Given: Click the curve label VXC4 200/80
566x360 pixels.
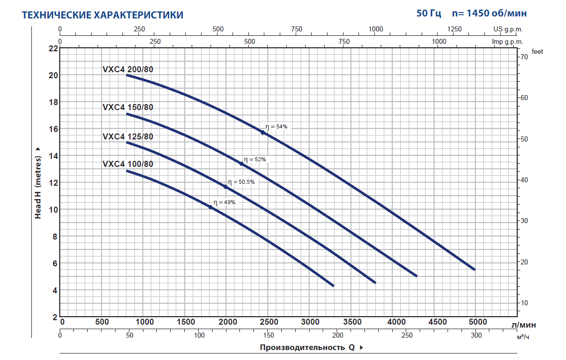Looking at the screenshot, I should click(x=127, y=70).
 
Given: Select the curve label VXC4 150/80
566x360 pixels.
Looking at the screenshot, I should click(x=127, y=107).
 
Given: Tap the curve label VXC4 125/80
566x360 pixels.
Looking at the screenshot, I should click(x=127, y=136).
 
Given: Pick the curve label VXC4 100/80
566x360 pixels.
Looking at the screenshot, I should click(x=127, y=164).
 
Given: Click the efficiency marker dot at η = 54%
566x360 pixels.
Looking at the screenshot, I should click(x=263, y=132).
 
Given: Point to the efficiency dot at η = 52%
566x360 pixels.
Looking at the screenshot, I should click(x=241, y=164).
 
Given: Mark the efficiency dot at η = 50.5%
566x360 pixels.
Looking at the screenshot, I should click(x=225, y=187).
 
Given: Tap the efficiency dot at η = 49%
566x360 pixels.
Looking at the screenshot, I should click(x=211, y=207).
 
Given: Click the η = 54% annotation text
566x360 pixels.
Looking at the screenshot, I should click(x=276, y=127).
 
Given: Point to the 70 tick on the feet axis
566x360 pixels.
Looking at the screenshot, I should click(x=524, y=57).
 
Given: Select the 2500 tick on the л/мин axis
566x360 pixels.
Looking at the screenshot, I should click(x=269, y=322).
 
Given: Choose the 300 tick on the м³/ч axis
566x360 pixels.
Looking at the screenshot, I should click(x=476, y=335).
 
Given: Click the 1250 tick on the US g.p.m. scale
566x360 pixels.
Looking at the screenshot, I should click(x=454, y=29).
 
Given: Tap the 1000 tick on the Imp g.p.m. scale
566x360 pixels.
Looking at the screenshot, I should click(x=439, y=41).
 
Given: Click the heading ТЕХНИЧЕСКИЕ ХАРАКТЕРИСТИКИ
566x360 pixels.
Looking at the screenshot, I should click(x=103, y=15).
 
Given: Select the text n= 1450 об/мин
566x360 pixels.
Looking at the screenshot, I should click(x=489, y=13).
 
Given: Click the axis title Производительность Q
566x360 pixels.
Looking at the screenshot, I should click(x=307, y=348).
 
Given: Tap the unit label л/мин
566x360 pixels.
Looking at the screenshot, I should click(x=524, y=325).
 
